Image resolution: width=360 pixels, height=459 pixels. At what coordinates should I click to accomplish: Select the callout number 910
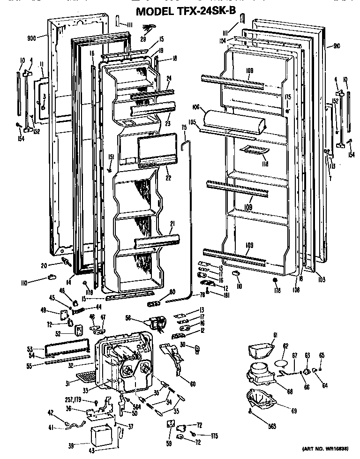point(337,46)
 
